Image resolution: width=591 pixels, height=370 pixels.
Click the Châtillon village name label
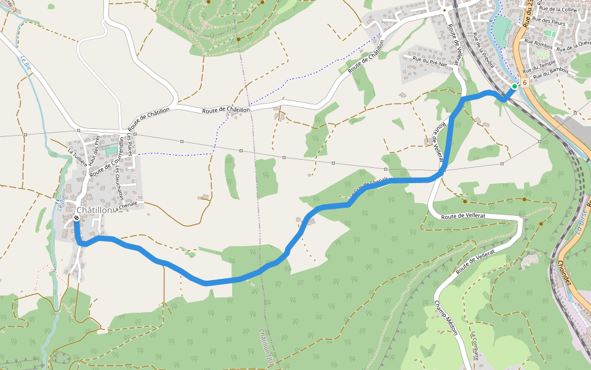(x=95, y=210)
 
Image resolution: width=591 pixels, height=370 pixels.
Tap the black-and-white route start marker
(x=76, y=218)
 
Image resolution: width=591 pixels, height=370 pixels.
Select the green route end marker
(x=514, y=86)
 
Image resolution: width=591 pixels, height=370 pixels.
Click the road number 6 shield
(x=525, y=82)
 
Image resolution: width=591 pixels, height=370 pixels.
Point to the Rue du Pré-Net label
(x=430, y=59)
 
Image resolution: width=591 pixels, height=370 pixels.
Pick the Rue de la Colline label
(x=557, y=9)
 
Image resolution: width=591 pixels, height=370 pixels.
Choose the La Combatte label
(x=475, y=346)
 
